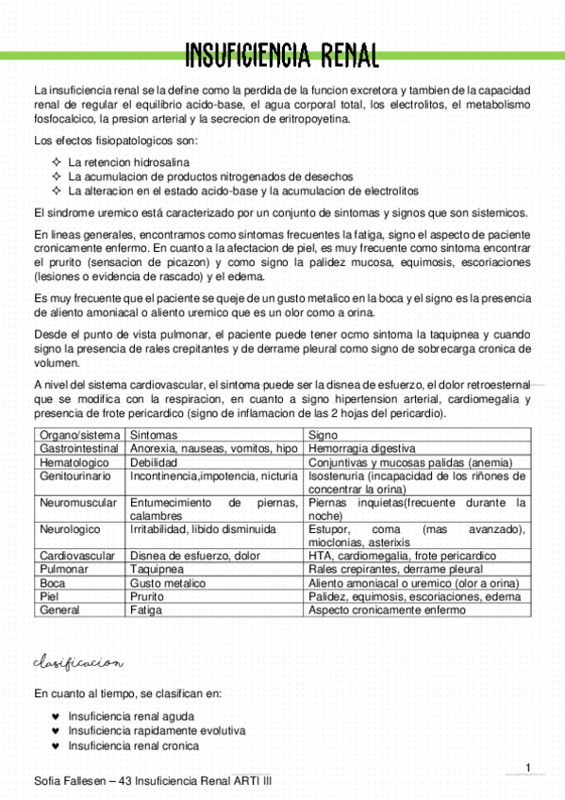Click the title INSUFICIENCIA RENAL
(x=282, y=54)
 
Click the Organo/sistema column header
(x=78, y=435)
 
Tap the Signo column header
(x=324, y=435)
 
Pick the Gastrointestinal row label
(x=78, y=449)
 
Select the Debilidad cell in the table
(x=154, y=463)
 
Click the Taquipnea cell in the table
(x=157, y=570)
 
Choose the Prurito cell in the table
(x=149, y=597)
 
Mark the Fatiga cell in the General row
(x=146, y=610)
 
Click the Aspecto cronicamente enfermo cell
(x=387, y=610)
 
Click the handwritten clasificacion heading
(x=78, y=663)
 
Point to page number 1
(x=528, y=767)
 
